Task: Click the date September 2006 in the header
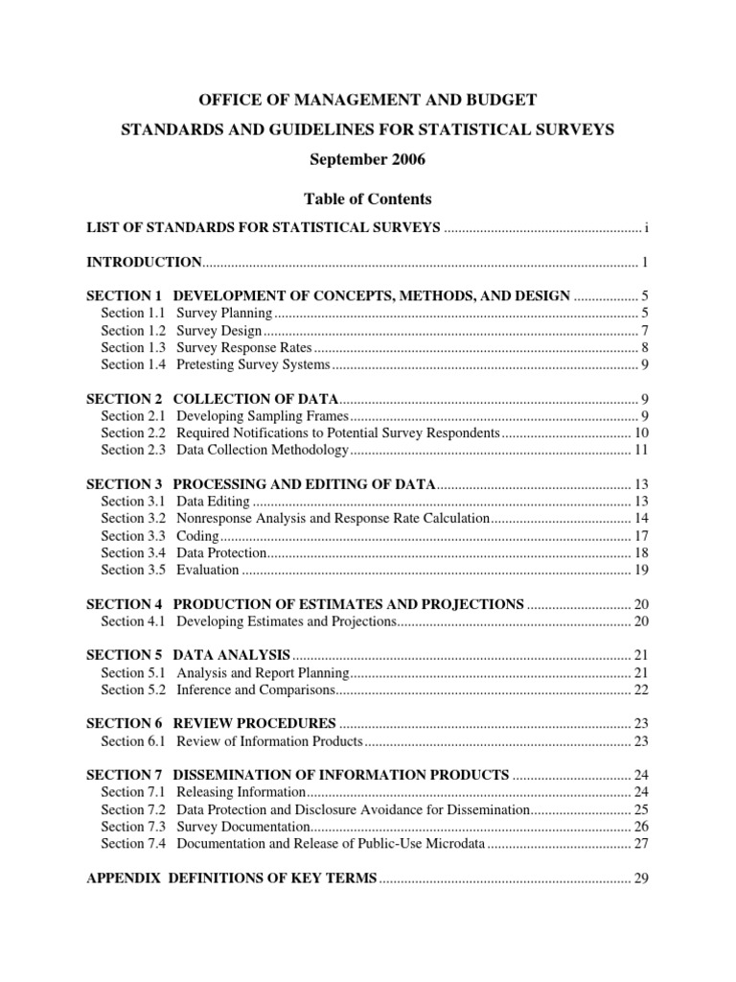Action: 367,158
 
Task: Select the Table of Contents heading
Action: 367,199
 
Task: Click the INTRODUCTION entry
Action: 144,262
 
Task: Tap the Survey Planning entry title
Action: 225,314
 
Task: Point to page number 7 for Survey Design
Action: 646,331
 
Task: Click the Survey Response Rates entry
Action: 244,348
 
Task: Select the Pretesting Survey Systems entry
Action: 253,365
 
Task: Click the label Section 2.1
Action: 134,415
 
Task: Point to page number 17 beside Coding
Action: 642,535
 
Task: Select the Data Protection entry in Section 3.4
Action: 219,552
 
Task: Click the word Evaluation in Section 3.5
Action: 207,570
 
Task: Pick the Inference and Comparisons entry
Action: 256,690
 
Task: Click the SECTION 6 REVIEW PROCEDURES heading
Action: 211,723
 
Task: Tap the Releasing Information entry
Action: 241,791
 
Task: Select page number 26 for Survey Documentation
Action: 642,826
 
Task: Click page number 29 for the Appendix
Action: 642,877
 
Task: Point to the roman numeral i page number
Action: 647,227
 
